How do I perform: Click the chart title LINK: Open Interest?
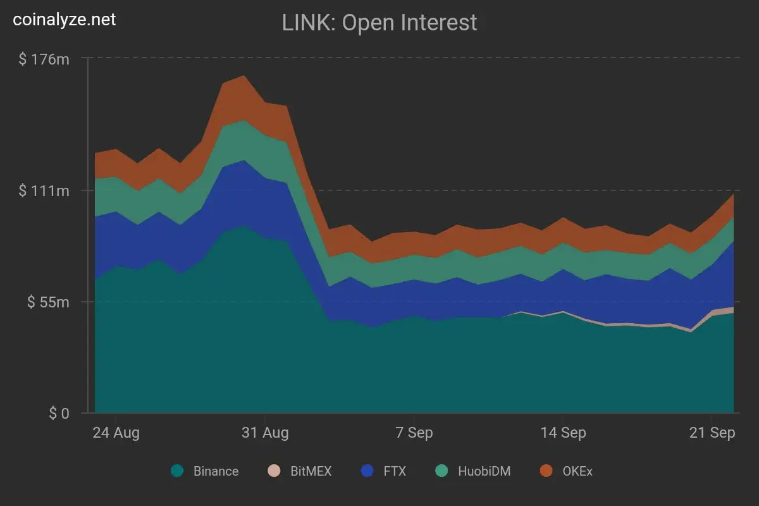pos(379,23)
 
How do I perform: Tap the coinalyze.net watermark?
pos(65,20)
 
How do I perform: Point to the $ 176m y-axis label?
pos(44,59)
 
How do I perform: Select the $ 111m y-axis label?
pos(44,190)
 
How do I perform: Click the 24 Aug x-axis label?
pos(116,433)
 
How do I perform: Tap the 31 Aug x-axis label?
pos(266,433)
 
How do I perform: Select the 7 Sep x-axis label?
pos(414,433)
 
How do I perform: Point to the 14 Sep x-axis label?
pos(564,433)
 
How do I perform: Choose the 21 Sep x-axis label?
pos(712,433)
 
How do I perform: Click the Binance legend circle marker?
pos(177,471)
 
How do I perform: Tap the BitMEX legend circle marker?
pos(274,471)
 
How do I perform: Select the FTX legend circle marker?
pos(367,471)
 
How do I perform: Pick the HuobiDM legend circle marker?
pos(441,471)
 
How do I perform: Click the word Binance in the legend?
pos(216,471)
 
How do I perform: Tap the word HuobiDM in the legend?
pos(484,471)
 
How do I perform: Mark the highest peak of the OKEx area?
pos(244,76)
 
